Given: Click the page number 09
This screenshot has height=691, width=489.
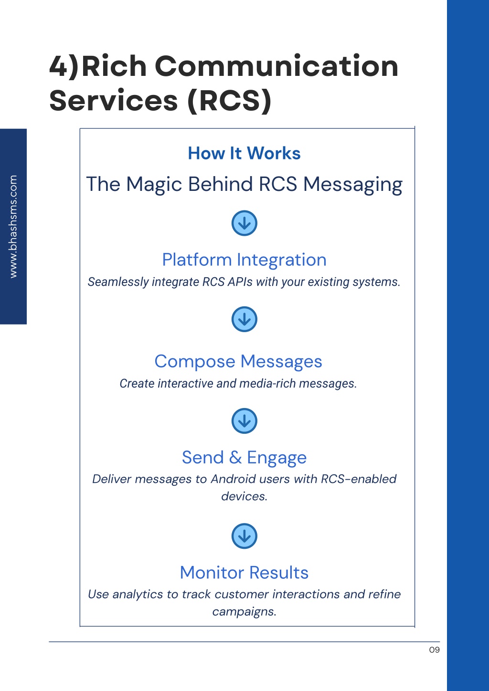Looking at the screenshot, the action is pyautogui.click(x=434, y=650).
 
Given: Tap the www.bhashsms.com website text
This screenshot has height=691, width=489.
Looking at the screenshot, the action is pyautogui.click(x=13, y=226).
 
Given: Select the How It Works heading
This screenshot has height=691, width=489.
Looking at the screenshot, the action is pyautogui.click(x=244, y=153).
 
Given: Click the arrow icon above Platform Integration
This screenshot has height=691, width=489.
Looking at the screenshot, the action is pyautogui.click(x=244, y=223).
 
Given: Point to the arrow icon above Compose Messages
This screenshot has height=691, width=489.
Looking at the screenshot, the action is pyautogui.click(x=244, y=319).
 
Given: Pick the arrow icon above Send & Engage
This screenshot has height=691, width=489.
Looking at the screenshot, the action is pyautogui.click(x=244, y=421).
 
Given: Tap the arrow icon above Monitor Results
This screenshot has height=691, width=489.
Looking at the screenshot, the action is pyautogui.click(x=244, y=536).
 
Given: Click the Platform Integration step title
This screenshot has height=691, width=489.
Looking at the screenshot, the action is pyautogui.click(x=244, y=260).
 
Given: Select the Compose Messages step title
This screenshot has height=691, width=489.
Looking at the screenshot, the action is pyautogui.click(x=238, y=362).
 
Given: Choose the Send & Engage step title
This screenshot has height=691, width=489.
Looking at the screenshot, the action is pyautogui.click(x=244, y=458).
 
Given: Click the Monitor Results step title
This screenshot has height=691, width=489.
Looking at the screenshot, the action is pyautogui.click(x=244, y=573).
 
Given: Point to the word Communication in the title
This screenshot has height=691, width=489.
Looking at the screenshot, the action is pyautogui.click(x=276, y=66).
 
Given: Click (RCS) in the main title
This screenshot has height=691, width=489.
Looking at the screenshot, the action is pyautogui.click(x=229, y=101).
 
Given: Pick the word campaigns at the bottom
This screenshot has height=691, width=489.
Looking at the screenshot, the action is pyautogui.click(x=244, y=611).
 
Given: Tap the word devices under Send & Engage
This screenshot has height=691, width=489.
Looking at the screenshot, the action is pyautogui.click(x=244, y=496).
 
